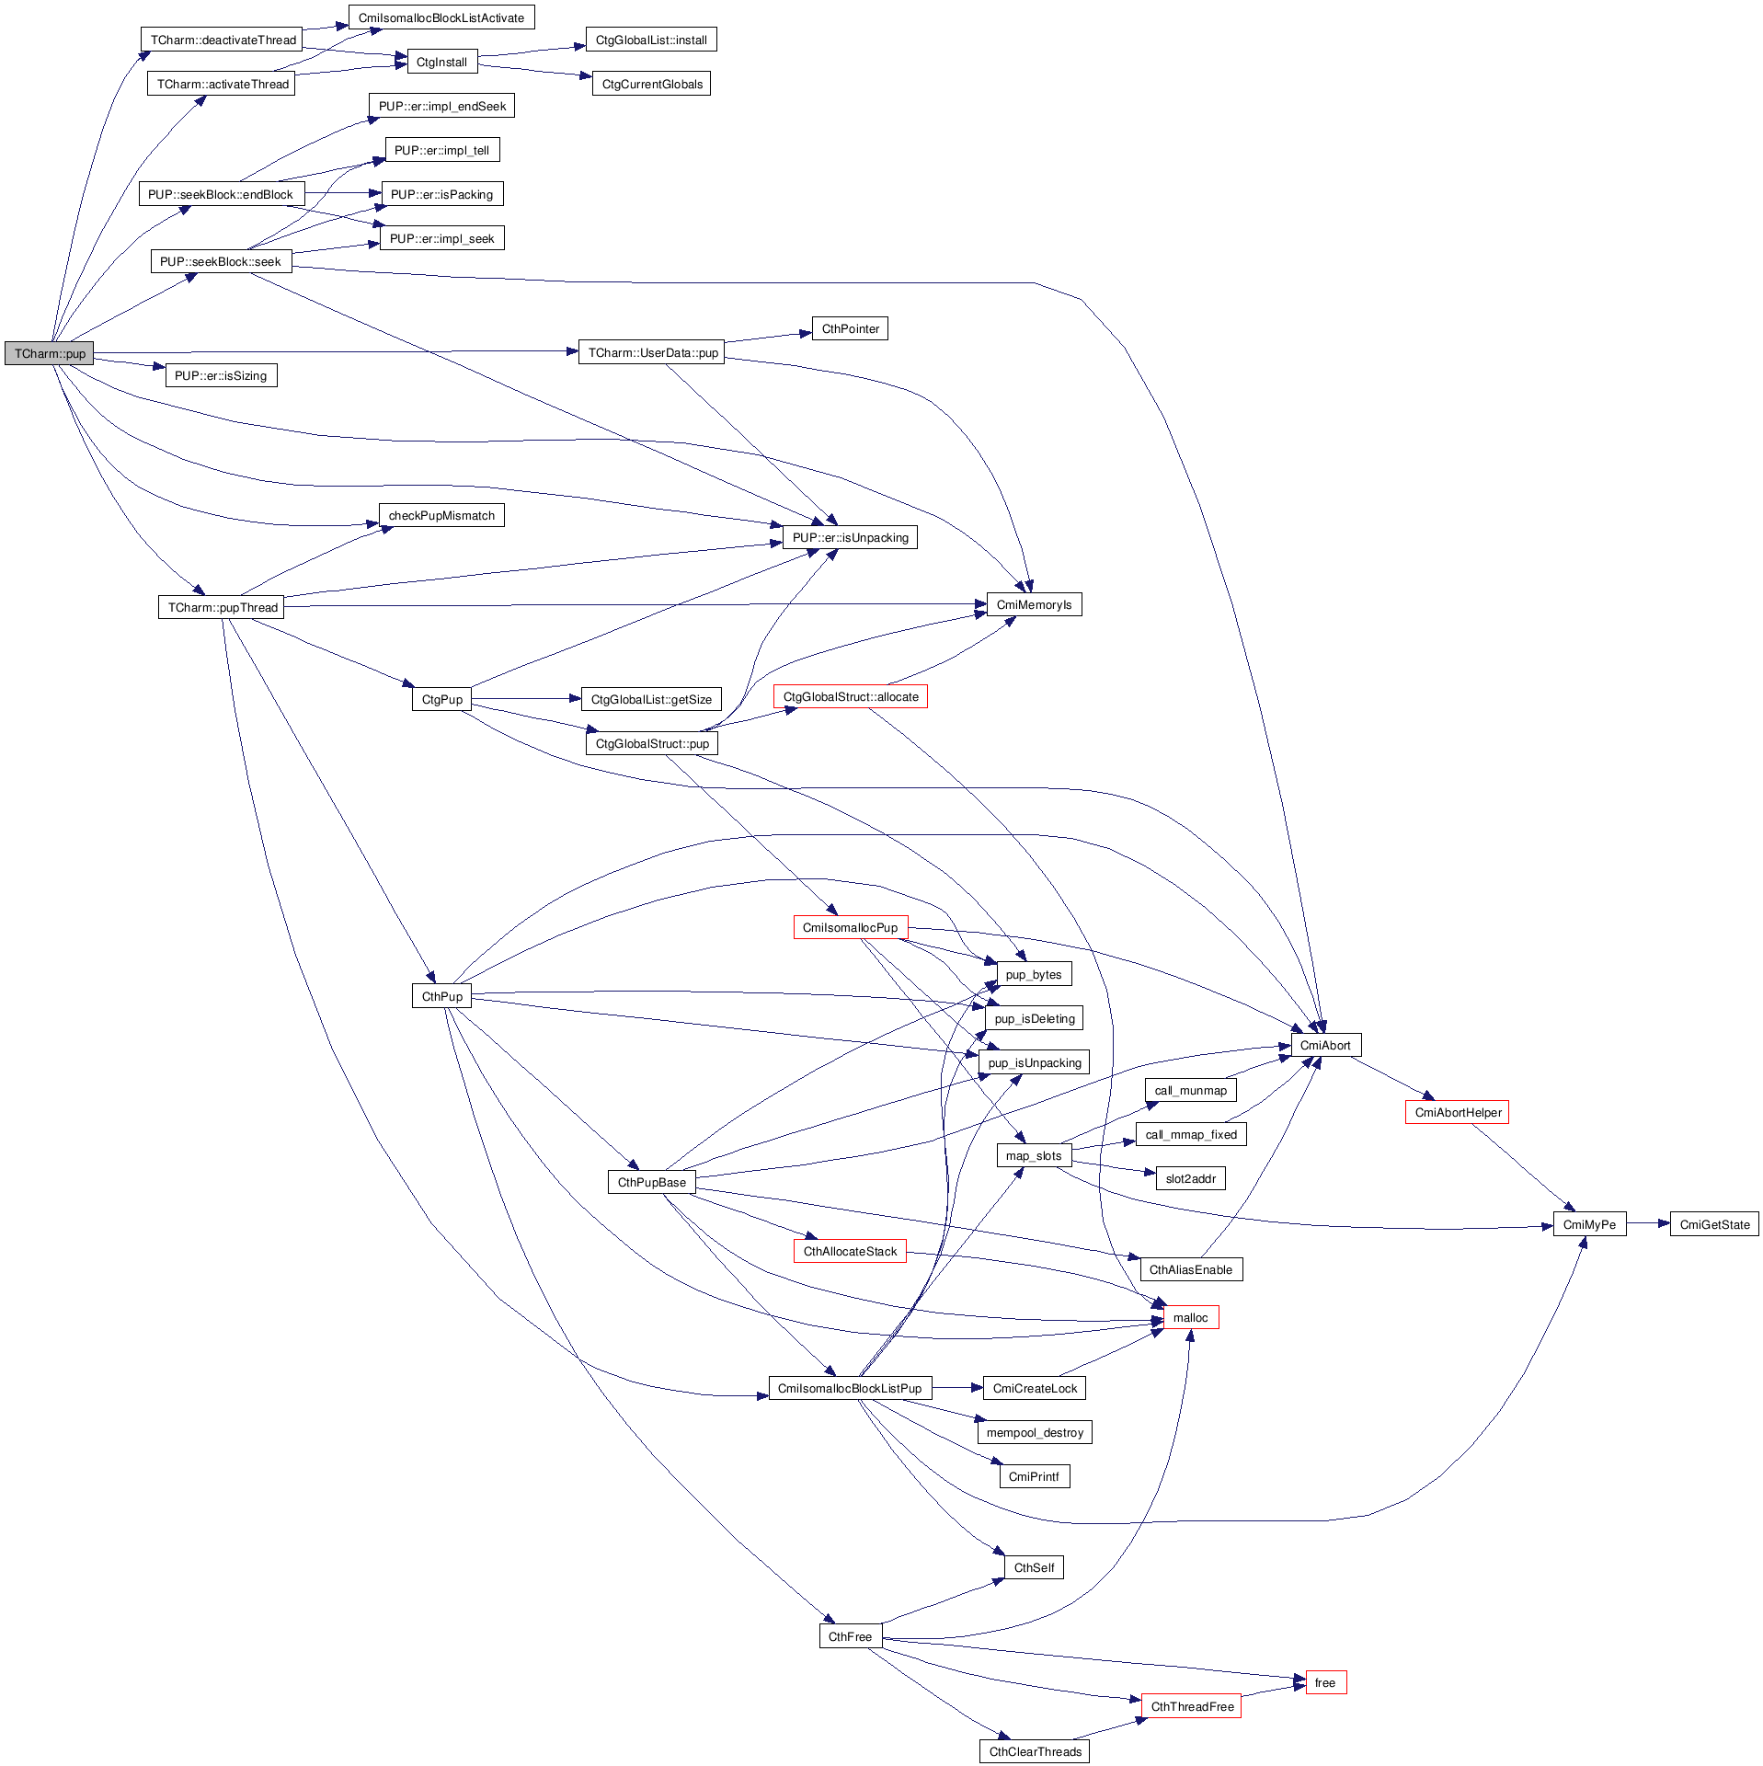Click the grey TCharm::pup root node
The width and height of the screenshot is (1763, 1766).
50,353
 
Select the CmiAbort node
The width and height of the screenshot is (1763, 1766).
1325,1045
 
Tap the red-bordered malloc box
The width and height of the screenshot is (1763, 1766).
1190,1317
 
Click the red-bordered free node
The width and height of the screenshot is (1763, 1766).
1325,1682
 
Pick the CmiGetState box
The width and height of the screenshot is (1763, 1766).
1714,1224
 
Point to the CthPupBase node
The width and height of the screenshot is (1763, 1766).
651,1182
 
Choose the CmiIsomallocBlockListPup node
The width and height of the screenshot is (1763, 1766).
850,1388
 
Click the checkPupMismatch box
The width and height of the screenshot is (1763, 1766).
441,515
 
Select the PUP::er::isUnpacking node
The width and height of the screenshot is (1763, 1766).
850,537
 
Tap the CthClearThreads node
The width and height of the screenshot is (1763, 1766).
1035,1751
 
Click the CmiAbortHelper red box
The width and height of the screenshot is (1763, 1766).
1458,1112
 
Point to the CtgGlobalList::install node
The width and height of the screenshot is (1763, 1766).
651,40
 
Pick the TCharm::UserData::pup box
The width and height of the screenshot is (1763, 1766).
652,352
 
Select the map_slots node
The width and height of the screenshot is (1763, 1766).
1034,1155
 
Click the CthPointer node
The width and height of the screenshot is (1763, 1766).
850,328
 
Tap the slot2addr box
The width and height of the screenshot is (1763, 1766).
1190,1178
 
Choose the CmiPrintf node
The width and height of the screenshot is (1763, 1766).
1034,1476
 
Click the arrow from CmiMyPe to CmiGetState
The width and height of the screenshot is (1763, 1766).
1647,1223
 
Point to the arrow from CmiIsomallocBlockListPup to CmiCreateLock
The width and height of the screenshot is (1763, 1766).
957,1387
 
